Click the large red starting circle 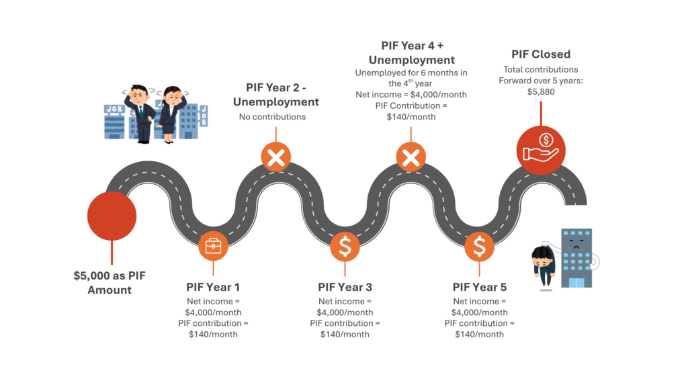tap(112, 216)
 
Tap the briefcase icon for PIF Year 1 tap(213, 247)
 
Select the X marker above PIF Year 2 tap(275, 158)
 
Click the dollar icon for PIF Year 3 tap(345, 247)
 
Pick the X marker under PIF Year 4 tap(411, 158)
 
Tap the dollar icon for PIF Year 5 tap(479, 247)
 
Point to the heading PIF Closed tap(541, 54)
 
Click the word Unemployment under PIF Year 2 tap(275, 102)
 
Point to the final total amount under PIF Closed tap(541, 92)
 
